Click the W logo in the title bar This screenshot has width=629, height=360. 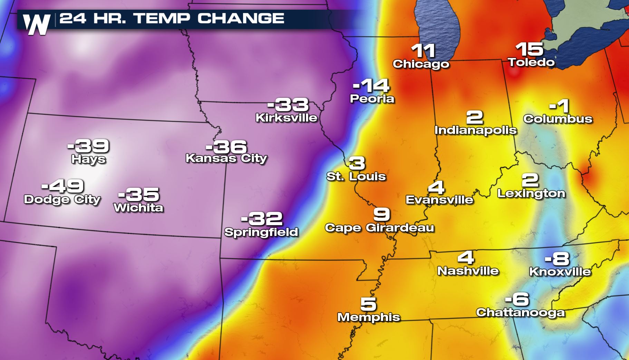pos(37,24)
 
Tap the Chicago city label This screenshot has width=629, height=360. pos(421,64)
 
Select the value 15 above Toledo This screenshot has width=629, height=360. pos(529,49)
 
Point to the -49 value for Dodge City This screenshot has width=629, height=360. pos(62,186)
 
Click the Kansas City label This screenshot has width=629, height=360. pos(226,158)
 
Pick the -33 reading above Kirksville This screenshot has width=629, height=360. pos(288,104)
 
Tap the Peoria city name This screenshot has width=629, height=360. pos(372,99)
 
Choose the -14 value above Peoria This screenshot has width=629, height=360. pos(371,85)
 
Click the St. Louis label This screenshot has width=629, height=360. pos(356,177)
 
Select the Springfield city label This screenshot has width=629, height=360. pos(261,232)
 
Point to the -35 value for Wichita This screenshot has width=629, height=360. pos(139,195)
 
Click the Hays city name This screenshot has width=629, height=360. pos(88,159)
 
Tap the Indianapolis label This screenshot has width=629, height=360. pos(475,130)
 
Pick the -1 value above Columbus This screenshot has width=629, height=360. pos(559,106)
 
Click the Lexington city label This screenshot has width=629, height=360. pos(531,193)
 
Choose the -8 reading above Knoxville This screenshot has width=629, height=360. pos(557,258)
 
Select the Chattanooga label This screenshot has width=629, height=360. pos(520,313)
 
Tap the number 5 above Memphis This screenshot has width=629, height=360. pos(368,304)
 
